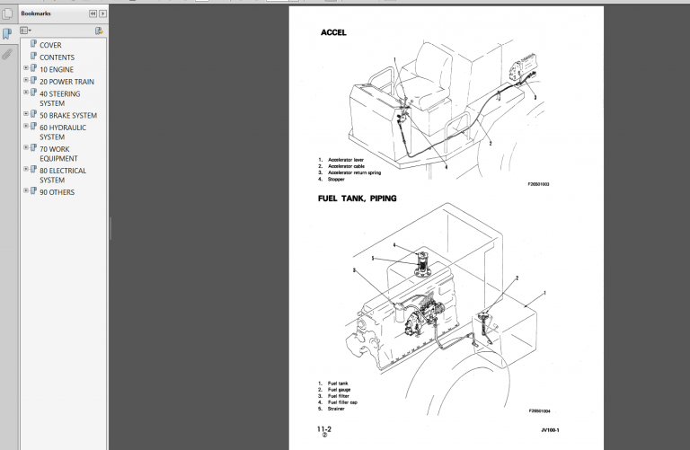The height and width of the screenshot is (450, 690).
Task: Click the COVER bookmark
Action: [49, 45]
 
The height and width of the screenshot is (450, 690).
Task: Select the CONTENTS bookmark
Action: [57, 57]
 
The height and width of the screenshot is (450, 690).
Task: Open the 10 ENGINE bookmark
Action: [56, 69]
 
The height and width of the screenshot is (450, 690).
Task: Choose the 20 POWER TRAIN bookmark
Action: [66, 82]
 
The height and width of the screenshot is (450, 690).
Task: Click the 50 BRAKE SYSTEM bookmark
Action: [67, 115]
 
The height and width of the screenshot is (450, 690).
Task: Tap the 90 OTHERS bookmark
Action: [57, 192]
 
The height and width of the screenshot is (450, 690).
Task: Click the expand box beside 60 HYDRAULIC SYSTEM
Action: [26, 127]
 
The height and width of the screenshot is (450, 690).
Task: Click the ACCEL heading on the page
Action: [333, 32]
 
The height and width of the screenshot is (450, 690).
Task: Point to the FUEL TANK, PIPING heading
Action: [357, 198]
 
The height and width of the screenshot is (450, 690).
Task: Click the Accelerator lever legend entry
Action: [346, 160]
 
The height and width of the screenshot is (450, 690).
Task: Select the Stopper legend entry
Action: [336, 179]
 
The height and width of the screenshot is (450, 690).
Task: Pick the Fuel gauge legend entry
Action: [339, 389]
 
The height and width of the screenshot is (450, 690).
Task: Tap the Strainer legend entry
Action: [338, 408]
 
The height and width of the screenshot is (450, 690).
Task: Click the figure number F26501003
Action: [538, 184]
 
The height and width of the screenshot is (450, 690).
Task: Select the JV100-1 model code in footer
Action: [550, 430]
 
